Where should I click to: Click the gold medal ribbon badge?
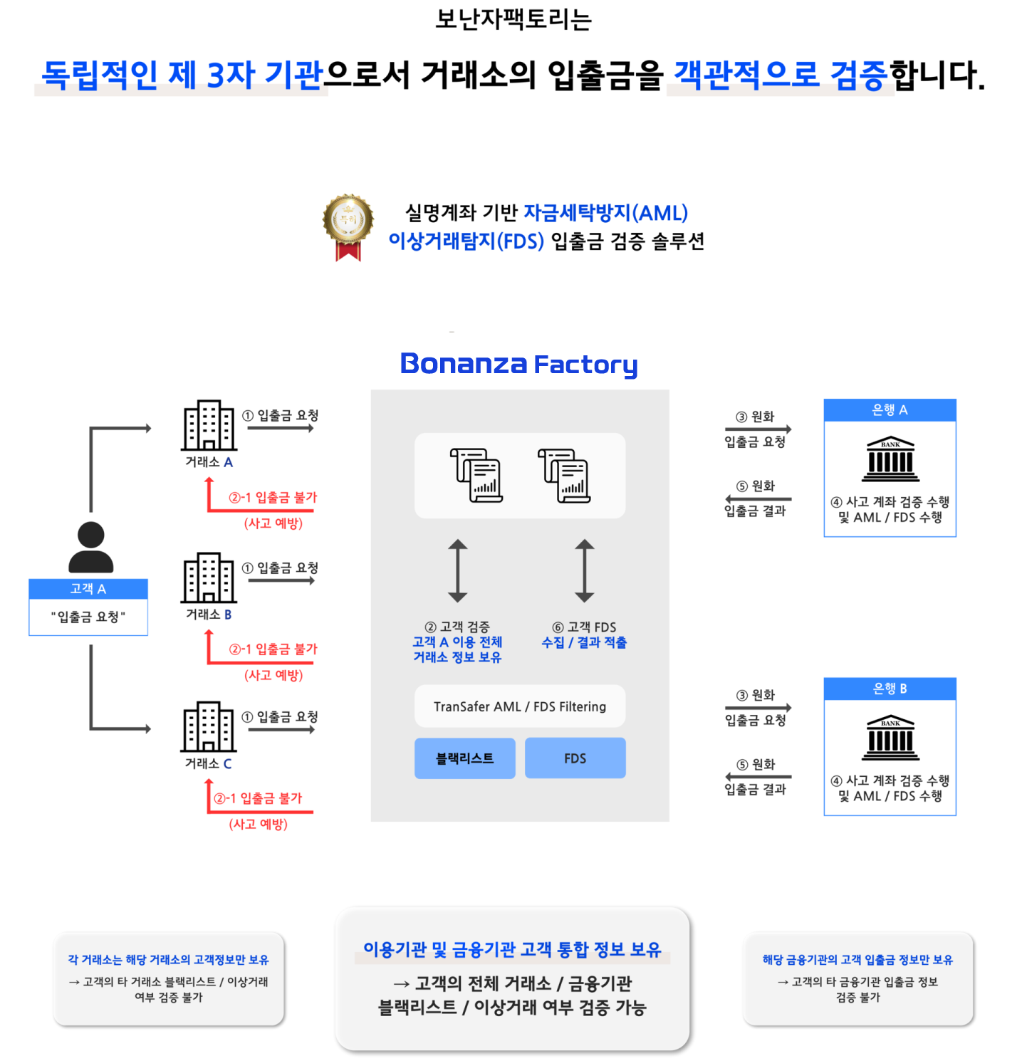348,227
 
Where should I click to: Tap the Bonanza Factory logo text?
518,364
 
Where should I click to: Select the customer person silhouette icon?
90,547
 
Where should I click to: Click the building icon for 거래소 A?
209,425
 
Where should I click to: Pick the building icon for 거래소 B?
209,577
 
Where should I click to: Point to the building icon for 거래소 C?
209,726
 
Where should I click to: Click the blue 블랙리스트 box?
465,758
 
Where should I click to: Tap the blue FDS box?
575,758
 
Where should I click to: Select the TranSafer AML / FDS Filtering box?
520,706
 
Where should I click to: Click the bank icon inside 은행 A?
890,459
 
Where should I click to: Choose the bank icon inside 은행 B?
890,738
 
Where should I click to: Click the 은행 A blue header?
890,410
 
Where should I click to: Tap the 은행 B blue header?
890,689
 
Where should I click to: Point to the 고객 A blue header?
88,589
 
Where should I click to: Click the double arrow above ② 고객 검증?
458,571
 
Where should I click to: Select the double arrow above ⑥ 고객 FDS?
585,571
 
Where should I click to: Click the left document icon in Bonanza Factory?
476,476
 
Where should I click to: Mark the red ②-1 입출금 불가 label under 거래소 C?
258,798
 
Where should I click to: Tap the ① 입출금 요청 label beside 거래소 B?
280,568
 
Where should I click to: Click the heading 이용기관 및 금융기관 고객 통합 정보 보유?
512,949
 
